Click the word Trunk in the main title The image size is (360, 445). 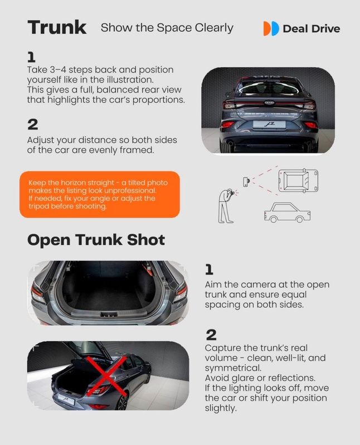(57, 27)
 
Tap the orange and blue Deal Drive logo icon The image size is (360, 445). (271, 28)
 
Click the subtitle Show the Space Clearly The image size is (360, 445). (167, 28)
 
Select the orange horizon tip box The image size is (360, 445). (100, 195)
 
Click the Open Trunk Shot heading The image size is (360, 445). (96, 240)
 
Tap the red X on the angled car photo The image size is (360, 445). (106, 376)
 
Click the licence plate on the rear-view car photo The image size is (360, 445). (269, 124)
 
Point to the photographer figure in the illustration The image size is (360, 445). (227, 205)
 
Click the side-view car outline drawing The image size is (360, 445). (287, 212)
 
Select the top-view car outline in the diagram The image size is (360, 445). (298, 181)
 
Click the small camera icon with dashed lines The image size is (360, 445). (246, 181)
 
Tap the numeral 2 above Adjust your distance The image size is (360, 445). (33, 124)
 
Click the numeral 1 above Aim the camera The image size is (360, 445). (209, 269)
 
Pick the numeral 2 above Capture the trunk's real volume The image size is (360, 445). (211, 335)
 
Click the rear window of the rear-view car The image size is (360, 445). (269, 87)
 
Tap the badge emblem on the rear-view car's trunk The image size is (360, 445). (269, 103)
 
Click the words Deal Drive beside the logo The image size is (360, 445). (312, 28)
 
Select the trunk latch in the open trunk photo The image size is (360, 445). (109, 314)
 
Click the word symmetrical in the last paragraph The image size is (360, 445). (233, 368)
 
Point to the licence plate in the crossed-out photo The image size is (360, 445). (66, 399)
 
